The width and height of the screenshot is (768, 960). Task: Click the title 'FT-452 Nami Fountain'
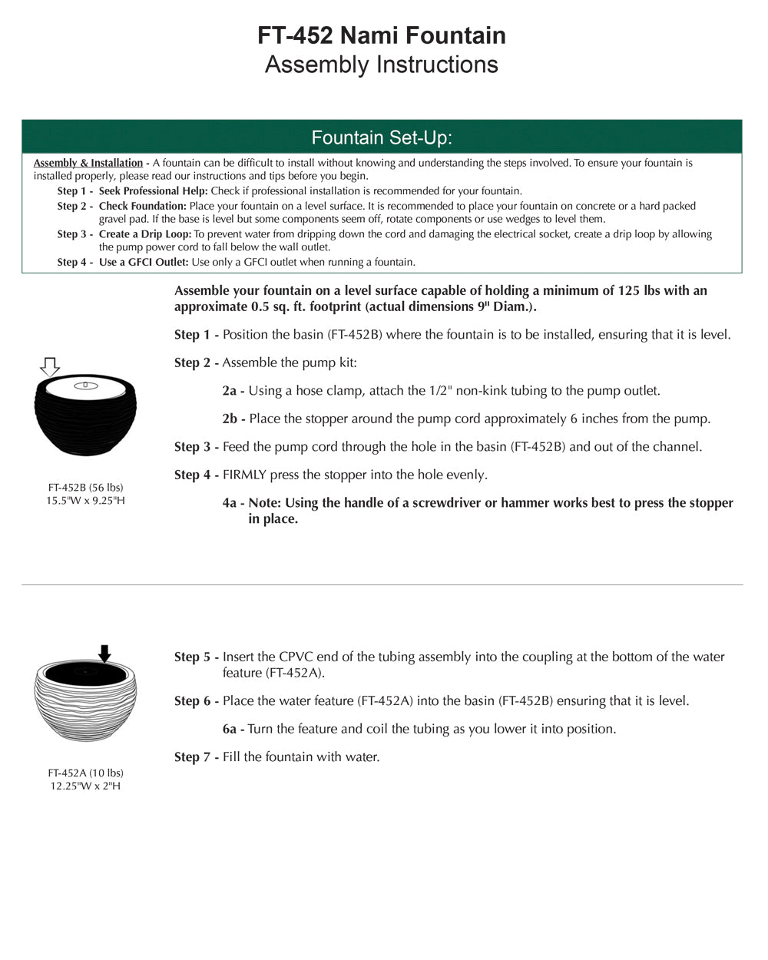click(382, 35)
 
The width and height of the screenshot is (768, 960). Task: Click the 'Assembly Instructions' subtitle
click(382, 65)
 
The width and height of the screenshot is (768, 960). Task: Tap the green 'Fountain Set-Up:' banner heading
click(382, 137)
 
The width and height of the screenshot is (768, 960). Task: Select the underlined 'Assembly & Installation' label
click(88, 163)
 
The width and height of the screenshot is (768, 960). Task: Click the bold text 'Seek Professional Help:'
click(154, 190)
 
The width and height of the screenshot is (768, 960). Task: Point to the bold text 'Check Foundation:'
click(143, 206)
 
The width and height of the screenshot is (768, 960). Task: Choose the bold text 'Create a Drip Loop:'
click(145, 234)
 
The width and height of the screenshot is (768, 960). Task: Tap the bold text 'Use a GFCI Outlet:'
click(144, 262)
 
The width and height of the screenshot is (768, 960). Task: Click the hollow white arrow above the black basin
click(50, 366)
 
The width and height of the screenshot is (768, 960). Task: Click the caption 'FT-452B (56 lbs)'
click(85, 488)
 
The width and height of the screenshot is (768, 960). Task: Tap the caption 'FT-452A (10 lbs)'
click(85, 773)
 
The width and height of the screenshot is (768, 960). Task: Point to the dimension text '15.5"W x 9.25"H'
click(85, 501)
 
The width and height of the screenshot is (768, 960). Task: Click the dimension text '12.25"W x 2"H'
click(85, 786)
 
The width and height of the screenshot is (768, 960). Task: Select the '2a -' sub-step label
click(233, 391)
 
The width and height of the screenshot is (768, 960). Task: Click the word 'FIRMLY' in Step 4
click(244, 475)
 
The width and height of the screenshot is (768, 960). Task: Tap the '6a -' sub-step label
click(233, 729)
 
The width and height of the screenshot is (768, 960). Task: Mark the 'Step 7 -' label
click(197, 757)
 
